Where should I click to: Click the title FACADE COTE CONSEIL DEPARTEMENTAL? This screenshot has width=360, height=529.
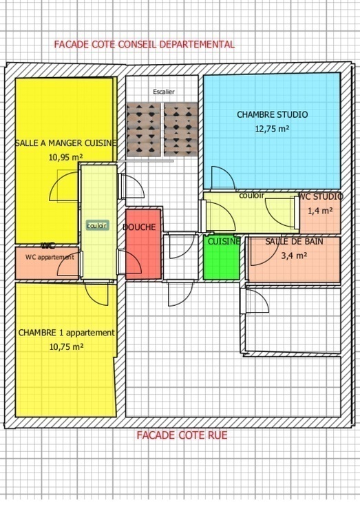(144, 44)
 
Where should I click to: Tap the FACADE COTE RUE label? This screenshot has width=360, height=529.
(182, 435)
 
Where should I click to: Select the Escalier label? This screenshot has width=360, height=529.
(164, 92)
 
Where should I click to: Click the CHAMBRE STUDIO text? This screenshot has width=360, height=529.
(272, 115)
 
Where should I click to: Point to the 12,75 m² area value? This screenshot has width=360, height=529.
(272, 128)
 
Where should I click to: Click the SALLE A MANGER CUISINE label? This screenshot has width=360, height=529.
(65, 143)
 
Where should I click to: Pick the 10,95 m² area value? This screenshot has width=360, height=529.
(65, 156)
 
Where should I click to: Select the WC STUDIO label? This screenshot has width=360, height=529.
(320, 197)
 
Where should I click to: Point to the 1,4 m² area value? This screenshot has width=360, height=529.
(320, 211)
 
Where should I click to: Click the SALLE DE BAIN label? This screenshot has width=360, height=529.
(294, 241)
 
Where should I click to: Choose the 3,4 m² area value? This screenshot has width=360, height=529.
(294, 255)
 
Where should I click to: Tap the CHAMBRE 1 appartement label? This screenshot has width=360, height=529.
(66, 333)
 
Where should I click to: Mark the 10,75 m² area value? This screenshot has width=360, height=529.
(66, 347)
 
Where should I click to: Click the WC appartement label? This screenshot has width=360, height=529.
(50, 257)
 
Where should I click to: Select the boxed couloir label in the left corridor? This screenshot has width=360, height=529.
(97, 225)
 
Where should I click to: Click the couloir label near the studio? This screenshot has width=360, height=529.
(251, 196)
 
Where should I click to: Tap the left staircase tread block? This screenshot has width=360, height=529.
(144, 129)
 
